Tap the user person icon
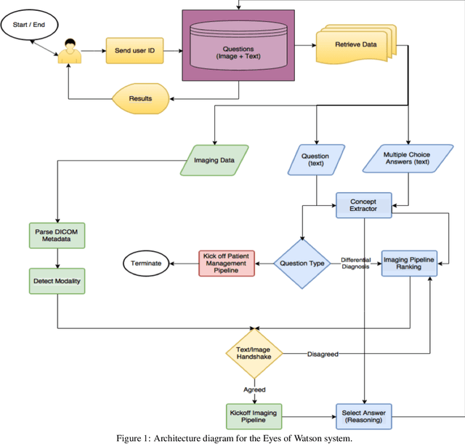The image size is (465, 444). [x=68, y=52]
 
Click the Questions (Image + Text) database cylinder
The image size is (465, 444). [x=239, y=46]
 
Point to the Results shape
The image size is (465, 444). [x=139, y=97]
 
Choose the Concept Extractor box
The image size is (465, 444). [x=364, y=205]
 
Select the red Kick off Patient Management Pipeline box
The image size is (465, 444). [x=227, y=263]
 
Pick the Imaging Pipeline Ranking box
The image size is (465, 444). [x=411, y=263]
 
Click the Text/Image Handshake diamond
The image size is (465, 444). [x=254, y=354]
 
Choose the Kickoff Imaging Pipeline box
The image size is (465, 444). [x=254, y=416]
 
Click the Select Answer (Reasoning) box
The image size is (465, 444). [x=364, y=416]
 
